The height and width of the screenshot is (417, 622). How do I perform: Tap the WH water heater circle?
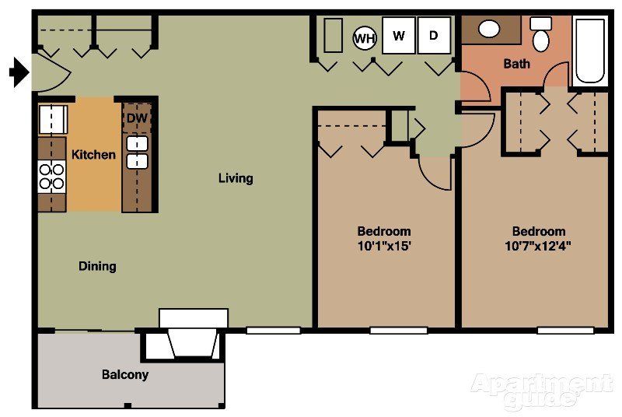(x=365, y=37)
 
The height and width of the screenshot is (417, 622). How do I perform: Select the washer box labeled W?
(x=399, y=36)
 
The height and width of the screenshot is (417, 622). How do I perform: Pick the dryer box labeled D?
(x=434, y=36)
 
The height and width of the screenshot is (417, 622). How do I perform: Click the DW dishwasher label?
(x=137, y=117)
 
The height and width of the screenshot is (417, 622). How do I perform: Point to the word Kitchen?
(x=93, y=155)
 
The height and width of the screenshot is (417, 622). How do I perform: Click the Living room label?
(x=236, y=178)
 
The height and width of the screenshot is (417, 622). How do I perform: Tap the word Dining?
(x=97, y=266)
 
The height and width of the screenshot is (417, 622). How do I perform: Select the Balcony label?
(x=125, y=374)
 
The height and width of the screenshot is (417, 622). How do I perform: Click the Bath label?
(x=517, y=63)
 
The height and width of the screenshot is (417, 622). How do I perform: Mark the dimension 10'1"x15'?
(x=384, y=247)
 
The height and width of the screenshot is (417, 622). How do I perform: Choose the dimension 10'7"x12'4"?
(x=539, y=247)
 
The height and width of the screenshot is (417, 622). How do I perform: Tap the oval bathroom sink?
(x=489, y=30)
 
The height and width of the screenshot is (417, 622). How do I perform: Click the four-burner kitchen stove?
(x=52, y=177)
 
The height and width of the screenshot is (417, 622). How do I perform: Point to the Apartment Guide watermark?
(x=541, y=390)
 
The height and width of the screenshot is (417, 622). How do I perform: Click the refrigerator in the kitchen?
(x=53, y=119)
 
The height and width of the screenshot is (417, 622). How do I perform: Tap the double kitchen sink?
(x=138, y=152)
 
